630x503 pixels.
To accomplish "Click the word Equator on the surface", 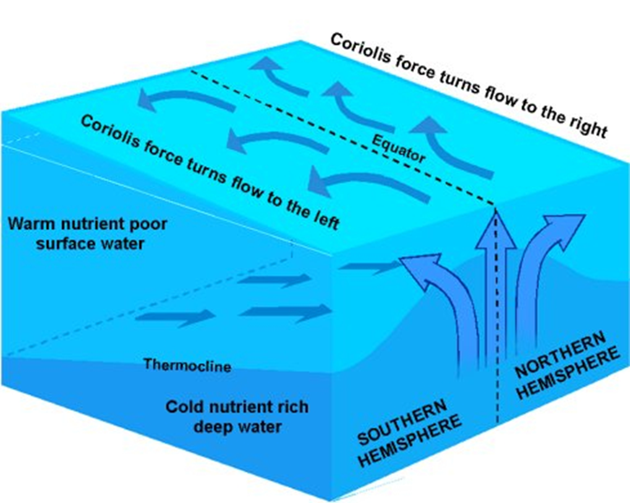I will [398, 149].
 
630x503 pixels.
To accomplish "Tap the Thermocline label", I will [187, 365].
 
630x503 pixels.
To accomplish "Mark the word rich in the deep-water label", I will [289, 408].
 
